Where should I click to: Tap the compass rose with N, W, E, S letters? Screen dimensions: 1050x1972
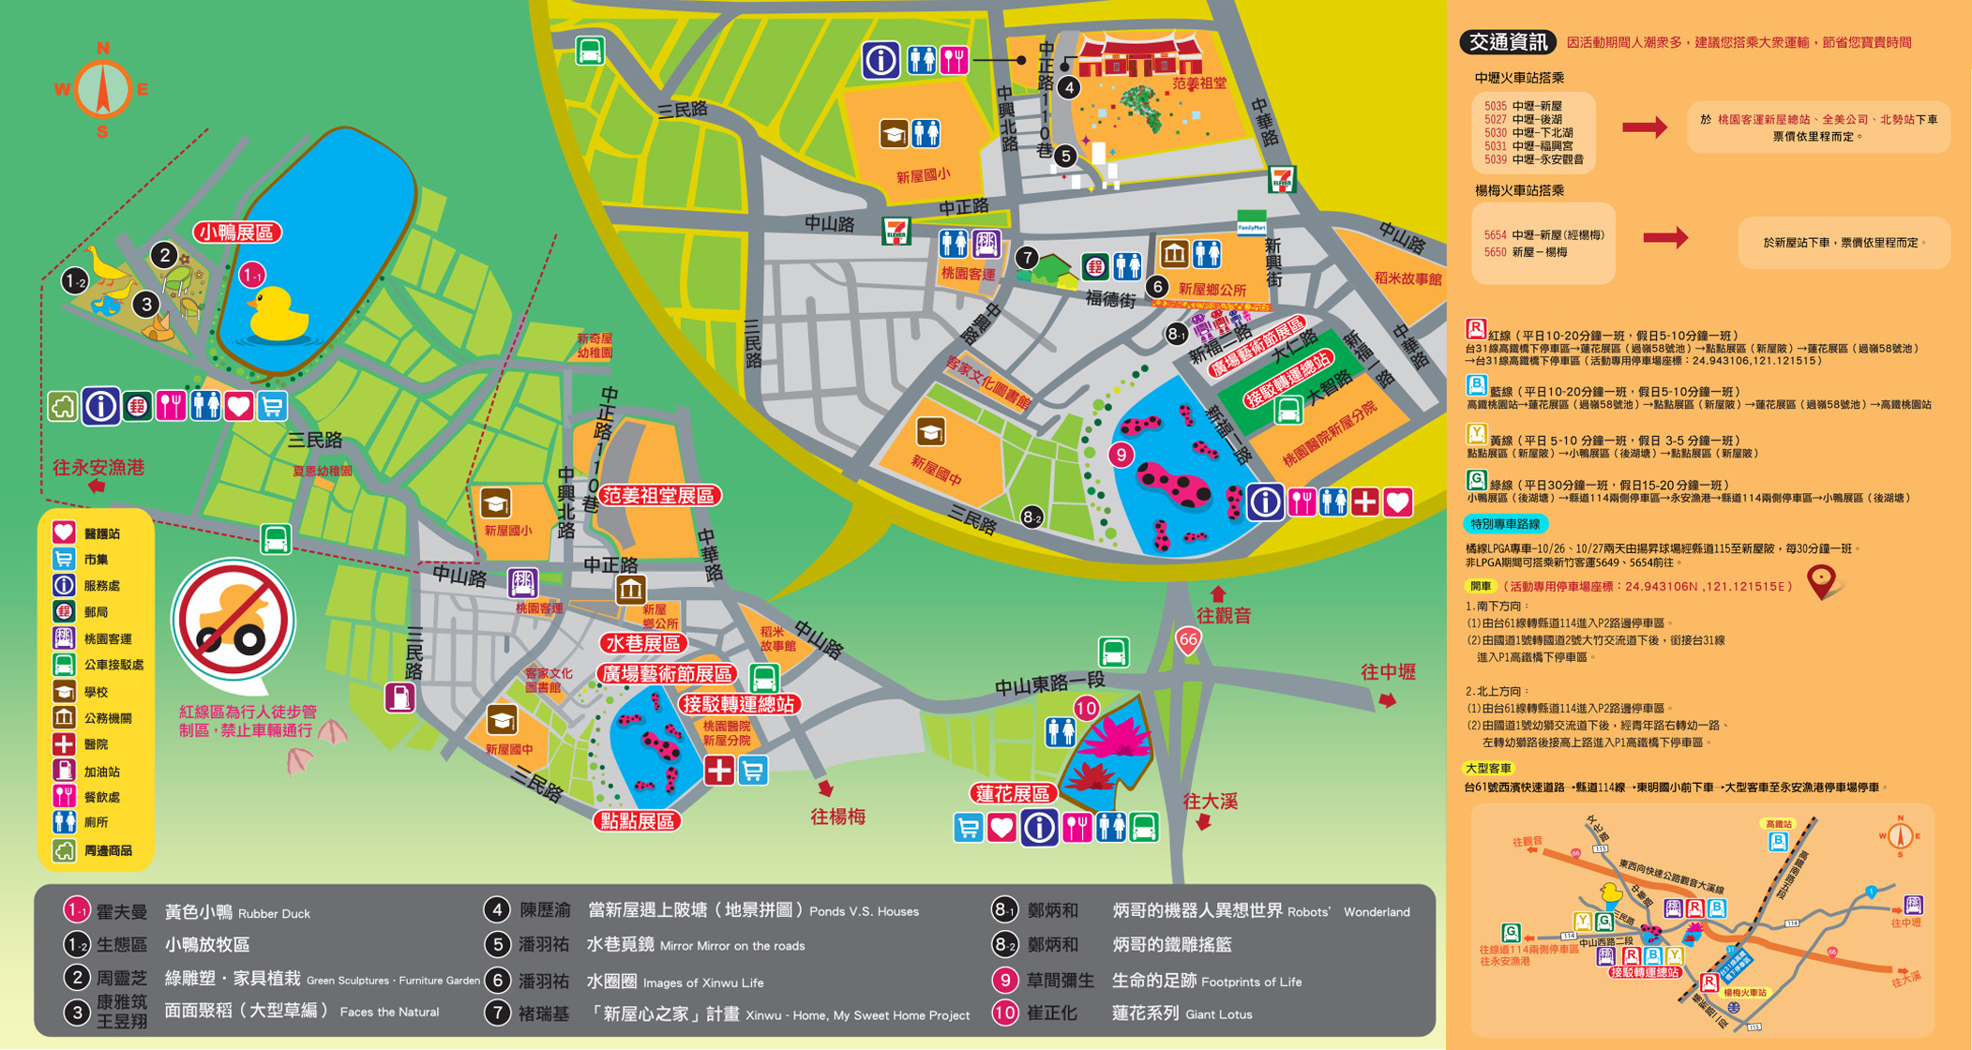(x=101, y=89)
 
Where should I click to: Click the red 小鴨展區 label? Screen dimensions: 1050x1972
(x=238, y=232)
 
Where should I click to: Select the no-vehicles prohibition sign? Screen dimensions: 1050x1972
(x=233, y=620)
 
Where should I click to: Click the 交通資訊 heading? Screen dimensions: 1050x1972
(x=1507, y=42)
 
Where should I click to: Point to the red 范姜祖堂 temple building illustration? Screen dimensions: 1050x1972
(x=1139, y=56)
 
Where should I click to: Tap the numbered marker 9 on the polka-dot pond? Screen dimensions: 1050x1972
(x=1121, y=455)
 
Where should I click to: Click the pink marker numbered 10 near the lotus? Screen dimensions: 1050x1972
(x=1086, y=708)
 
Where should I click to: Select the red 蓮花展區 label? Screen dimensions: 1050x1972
(x=1013, y=793)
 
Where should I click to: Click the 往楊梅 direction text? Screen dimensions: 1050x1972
(x=837, y=817)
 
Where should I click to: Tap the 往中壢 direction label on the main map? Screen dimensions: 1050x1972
(x=1388, y=672)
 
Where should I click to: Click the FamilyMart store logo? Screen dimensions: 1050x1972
(x=1251, y=223)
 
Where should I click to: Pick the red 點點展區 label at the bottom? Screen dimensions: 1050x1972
(x=638, y=821)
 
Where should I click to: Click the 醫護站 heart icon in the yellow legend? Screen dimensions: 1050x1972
(x=64, y=532)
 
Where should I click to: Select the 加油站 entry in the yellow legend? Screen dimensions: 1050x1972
(x=94, y=772)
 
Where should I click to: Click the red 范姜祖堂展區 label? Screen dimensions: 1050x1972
(x=659, y=495)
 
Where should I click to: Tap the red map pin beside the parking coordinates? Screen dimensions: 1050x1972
(x=1820, y=581)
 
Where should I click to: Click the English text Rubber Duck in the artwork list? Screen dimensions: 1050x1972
(x=274, y=914)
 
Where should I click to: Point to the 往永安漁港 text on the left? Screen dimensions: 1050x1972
(x=98, y=468)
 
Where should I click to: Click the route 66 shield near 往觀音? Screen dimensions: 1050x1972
(x=1188, y=641)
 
